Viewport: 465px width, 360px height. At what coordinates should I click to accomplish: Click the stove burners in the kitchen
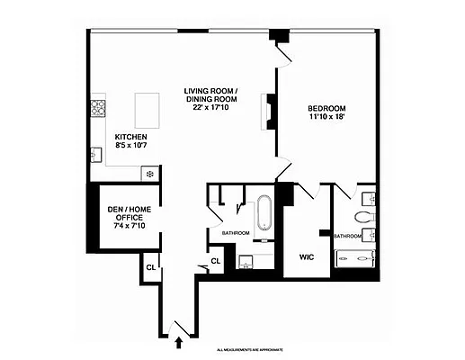(99, 110)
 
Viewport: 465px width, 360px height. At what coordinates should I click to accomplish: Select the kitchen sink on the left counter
(97, 155)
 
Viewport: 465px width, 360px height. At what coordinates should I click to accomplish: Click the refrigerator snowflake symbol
(150, 172)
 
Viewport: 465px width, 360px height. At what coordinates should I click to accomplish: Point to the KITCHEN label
(131, 137)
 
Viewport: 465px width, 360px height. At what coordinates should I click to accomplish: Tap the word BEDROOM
(328, 106)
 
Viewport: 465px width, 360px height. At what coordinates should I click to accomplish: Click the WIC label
(306, 257)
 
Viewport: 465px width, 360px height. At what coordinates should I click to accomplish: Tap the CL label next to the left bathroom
(216, 262)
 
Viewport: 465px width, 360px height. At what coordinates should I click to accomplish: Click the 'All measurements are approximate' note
(255, 349)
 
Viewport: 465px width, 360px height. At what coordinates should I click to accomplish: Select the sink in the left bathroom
(247, 262)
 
